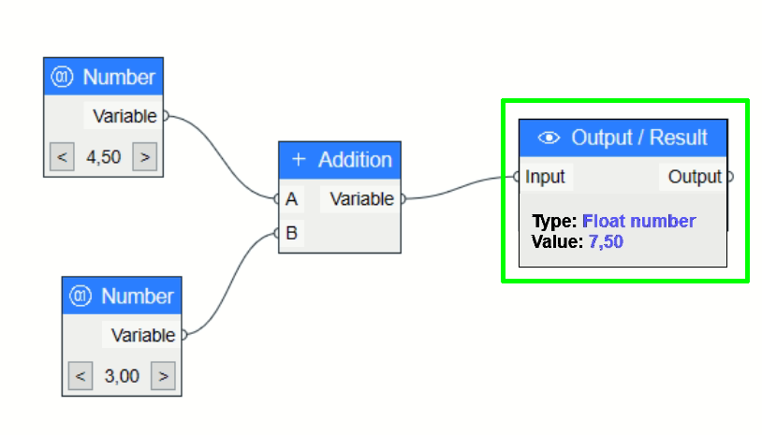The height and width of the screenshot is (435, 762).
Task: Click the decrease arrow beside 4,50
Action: pyautogui.click(x=62, y=156)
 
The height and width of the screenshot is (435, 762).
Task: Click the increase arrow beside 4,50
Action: pyautogui.click(x=144, y=156)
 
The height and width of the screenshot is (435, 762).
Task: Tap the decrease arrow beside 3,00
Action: pyautogui.click(x=81, y=376)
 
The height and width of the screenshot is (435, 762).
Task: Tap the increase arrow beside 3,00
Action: pyautogui.click(x=163, y=376)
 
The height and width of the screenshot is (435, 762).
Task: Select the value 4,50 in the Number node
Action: pyautogui.click(x=103, y=156)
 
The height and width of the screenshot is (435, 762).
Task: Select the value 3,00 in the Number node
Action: pyautogui.click(x=122, y=376)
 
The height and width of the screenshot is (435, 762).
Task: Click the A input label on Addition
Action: pyautogui.click(x=292, y=199)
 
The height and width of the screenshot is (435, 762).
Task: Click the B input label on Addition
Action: pyautogui.click(x=292, y=233)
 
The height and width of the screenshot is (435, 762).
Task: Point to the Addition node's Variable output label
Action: pyautogui.click(x=361, y=198)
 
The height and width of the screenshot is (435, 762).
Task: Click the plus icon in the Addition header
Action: pyautogui.click(x=299, y=159)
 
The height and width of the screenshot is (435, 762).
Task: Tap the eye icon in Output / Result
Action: pyautogui.click(x=549, y=138)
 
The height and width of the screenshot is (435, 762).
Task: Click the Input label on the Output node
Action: pyautogui.click(x=545, y=176)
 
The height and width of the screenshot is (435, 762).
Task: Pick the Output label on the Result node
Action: pyautogui.click(x=695, y=176)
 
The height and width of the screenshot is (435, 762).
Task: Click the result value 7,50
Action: pyautogui.click(x=607, y=241)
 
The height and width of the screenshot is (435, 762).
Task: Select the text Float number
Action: pyautogui.click(x=638, y=222)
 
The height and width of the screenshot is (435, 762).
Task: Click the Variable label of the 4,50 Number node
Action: pyautogui.click(x=125, y=116)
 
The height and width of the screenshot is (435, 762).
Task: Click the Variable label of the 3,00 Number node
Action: pyautogui.click(x=143, y=335)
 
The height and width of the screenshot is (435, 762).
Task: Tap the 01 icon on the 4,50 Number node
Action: pyautogui.click(x=63, y=77)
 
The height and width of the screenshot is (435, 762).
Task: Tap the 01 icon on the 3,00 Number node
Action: pyautogui.click(x=81, y=297)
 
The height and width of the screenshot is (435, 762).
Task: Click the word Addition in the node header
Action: pyautogui.click(x=355, y=159)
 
